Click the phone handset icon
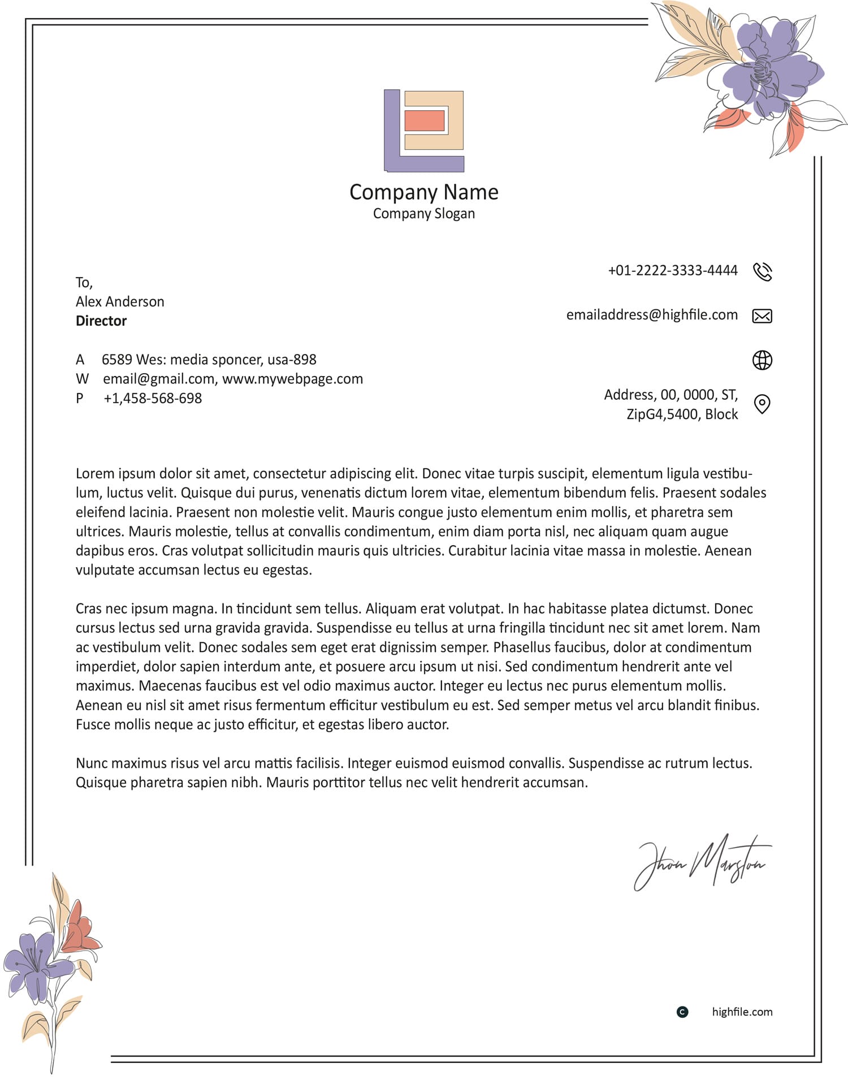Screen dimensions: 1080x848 point(762,271)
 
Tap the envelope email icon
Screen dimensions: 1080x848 point(762,316)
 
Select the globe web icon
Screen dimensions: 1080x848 point(762,360)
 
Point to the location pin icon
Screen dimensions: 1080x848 point(762,404)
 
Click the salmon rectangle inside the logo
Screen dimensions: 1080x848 point(425,120)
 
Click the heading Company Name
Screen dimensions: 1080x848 point(424,192)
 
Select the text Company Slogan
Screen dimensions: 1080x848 point(424,214)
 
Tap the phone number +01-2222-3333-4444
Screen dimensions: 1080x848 point(672,270)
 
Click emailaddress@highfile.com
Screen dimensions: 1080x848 point(652,315)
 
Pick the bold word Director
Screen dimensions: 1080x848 point(101,321)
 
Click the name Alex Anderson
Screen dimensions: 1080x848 point(120,301)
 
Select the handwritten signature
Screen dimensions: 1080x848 point(703,862)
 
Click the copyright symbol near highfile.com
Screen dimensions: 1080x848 point(682,1012)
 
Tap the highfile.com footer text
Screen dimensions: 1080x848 point(742,1012)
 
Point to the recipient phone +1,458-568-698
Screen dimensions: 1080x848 point(153,398)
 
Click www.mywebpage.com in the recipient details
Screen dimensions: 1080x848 point(292,379)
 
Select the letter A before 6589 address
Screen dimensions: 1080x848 point(80,360)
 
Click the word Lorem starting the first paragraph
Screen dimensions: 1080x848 point(94,473)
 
